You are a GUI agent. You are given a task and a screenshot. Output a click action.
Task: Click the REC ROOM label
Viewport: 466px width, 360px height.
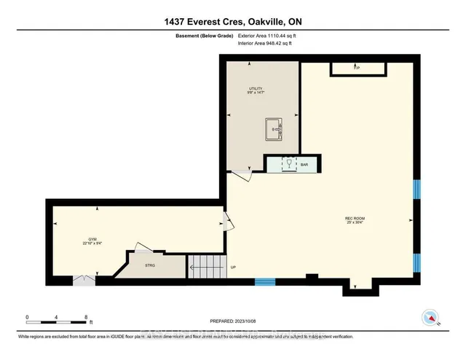coord(355,219)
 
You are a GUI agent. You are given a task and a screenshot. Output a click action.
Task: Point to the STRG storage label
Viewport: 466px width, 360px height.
coord(151,265)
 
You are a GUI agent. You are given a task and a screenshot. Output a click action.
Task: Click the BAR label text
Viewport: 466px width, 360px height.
coord(304,165)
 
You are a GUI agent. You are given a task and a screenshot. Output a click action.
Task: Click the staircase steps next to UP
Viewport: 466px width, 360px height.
coord(206,265)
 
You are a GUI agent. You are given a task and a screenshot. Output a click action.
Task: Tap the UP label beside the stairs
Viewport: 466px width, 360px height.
coord(232,267)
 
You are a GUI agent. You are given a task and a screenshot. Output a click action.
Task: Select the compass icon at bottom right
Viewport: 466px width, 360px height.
coord(431,318)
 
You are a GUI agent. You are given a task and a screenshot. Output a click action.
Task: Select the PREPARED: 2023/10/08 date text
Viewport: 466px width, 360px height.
coord(233,319)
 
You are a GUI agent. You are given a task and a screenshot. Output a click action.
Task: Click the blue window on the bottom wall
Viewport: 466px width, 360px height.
coord(264,281)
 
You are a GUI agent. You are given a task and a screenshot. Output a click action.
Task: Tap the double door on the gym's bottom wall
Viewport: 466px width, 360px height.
coord(84,279)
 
